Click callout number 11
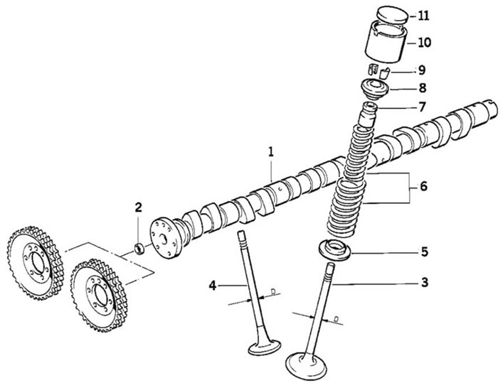tap(423, 16)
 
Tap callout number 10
tap(424, 43)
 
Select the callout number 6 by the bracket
tap(423, 186)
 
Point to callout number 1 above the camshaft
tap(271, 151)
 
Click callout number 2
tap(138, 208)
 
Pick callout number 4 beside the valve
tap(213, 285)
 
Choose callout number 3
tap(425, 283)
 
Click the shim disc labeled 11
tap(392, 15)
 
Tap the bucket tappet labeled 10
tap(386, 42)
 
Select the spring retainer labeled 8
tap(375, 89)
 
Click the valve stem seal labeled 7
tap(368, 114)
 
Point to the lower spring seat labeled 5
tap(334, 249)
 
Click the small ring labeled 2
tap(139, 249)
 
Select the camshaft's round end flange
tap(164, 238)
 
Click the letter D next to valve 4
tap(273, 292)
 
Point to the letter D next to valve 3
tap(337, 319)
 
